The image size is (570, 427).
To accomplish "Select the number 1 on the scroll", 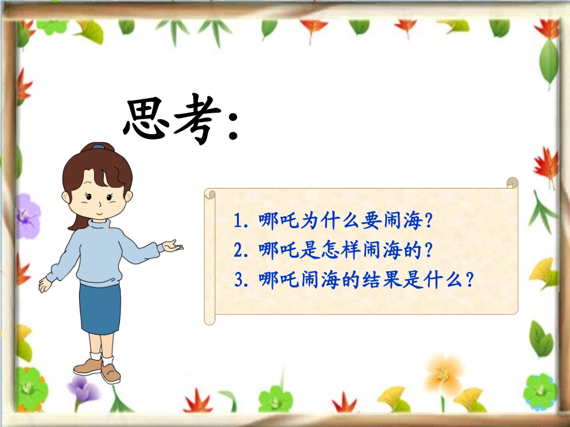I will [x=238, y=221].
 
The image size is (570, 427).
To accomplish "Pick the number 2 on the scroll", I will [x=238, y=250].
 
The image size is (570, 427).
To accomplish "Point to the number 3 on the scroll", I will [x=238, y=280].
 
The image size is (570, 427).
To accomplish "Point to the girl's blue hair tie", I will [x=98, y=146].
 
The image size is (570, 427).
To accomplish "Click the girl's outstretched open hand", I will [x=172, y=246].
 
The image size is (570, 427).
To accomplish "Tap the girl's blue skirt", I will [x=100, y=308].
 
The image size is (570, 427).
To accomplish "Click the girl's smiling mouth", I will [x=97, y=210].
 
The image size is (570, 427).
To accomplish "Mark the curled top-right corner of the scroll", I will [x=512, y=183].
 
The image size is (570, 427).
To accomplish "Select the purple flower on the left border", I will [x=26, y=216].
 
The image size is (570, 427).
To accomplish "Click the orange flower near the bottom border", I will [x=443, y=374].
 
